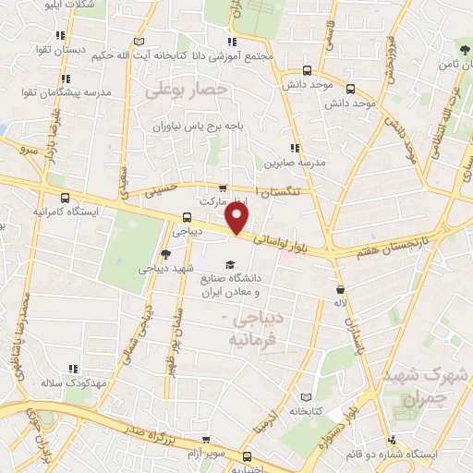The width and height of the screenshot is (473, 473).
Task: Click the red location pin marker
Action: pos(238,219)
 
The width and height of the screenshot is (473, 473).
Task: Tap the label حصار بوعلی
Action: pos(185,90)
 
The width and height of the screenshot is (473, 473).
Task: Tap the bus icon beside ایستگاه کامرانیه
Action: pos(65,197)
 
